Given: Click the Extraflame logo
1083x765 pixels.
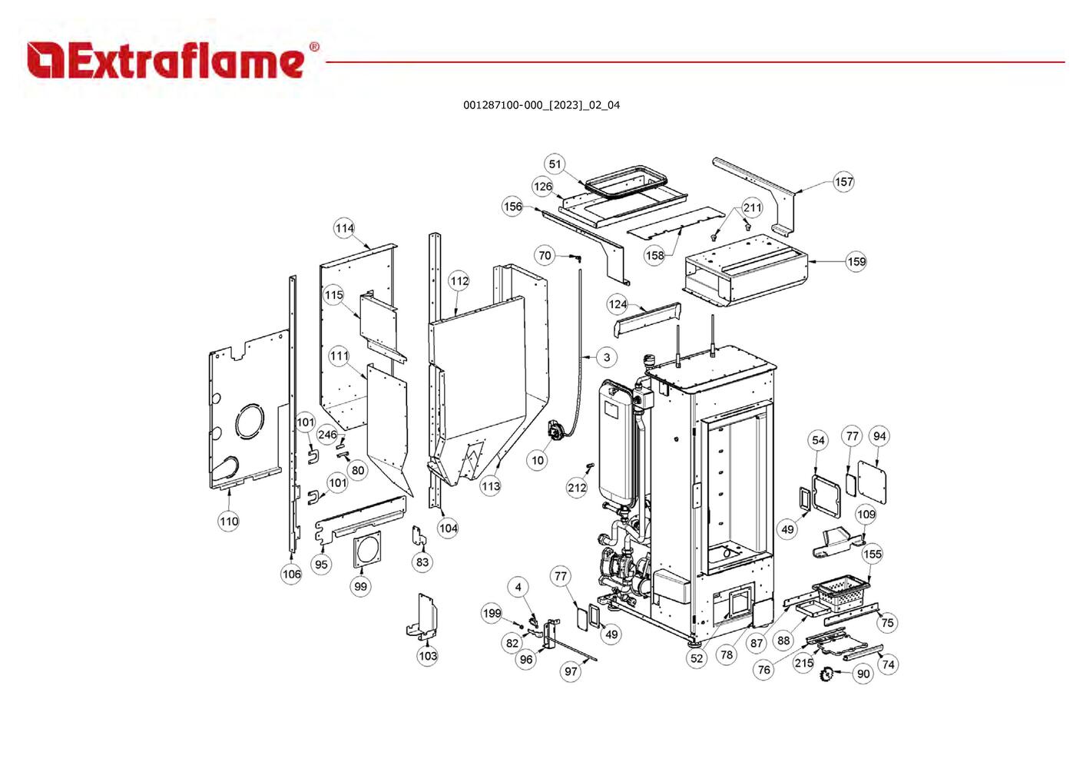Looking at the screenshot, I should pos(165,61).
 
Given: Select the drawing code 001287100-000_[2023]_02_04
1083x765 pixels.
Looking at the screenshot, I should pos(541,105).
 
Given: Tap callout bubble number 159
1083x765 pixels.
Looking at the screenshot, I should pos(856,261).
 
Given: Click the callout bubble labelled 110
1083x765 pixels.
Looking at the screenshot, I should pos(229,521).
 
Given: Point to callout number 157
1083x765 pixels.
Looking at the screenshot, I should pos(843,182).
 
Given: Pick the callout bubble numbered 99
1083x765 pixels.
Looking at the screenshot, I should pos(360,586).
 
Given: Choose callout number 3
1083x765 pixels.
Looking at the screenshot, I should pos(607,357).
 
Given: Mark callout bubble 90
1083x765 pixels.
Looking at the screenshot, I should pos(863,674).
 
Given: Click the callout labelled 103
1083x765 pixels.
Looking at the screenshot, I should pos(428,655).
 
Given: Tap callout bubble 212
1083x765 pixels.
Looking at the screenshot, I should pos(577,487).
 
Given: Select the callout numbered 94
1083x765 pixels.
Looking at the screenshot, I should pos(879,436).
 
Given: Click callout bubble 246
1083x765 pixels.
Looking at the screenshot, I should pos(327,435).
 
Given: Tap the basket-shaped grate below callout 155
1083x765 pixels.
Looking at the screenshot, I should pos(841,593).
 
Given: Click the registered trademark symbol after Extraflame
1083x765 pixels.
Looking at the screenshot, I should pos(313,48).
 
